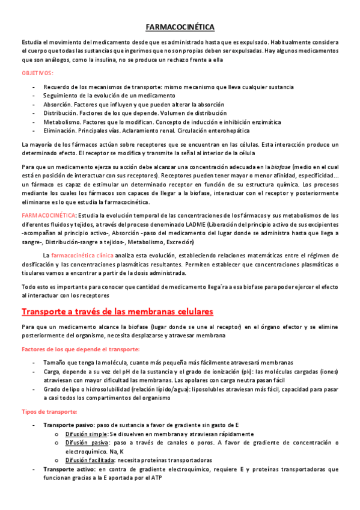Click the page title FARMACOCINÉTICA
pos(180,27)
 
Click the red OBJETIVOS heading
pos(37,73)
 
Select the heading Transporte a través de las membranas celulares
pos(118,312)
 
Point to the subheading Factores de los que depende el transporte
pos(81,349)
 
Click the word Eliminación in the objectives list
pos(59,131)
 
